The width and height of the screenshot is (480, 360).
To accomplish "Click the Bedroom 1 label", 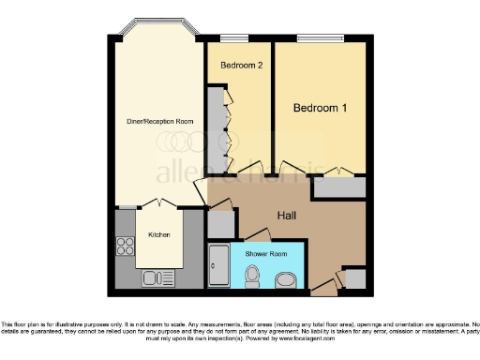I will pyautogui.click(x=321, y=109).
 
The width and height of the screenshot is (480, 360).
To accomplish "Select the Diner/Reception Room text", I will pyautogui.click(x=160, y=120).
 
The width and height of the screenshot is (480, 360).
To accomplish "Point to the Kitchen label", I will pyautogui.click(x=158, y=234).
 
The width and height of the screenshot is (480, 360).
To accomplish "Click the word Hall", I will pyautogui.click(x=287, y=216).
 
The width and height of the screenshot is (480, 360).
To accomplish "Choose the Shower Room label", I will pyautogui.click(x=265, y=254).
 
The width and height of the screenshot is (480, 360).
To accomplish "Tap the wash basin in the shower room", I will pyautogui.click(x=286, y=279).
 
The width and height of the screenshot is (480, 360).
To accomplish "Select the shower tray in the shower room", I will pyautogui.click(x=217, y=266).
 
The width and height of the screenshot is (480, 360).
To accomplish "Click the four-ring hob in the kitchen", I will pyautogui.click(x=126, y=247).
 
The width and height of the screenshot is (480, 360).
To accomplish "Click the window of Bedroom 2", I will pyautogui.click(x=233, y=38).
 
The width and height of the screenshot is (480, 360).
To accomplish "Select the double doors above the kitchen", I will pyautogui.click(x=155, y=204).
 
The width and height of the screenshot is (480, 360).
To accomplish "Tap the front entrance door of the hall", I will pyautogui.click(x=325, y=281).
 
